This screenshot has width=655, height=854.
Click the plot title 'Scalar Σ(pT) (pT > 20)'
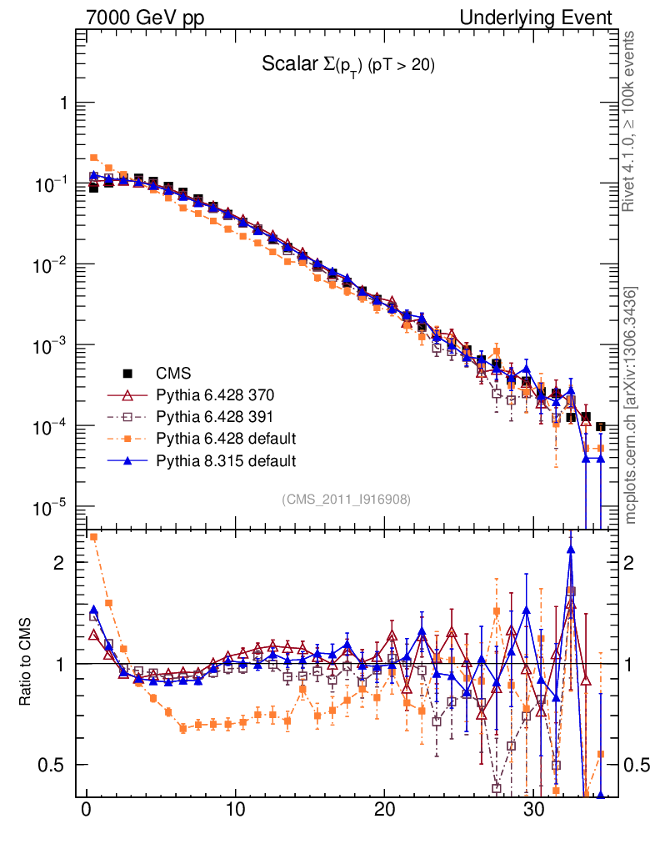(x=348, y=65)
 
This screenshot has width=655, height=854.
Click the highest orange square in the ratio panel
(x=94, y=536)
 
